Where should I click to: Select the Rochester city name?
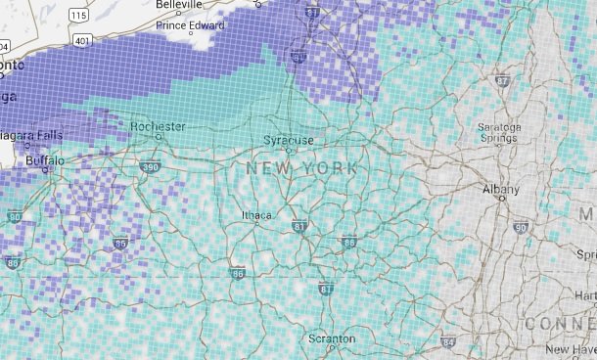pos(158,126)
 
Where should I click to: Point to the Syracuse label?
pos(289,141)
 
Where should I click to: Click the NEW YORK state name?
pos(301,169)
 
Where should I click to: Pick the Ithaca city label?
pos(257,215)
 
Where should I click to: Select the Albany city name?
pos(501,188)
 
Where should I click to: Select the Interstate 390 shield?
pos(150,168)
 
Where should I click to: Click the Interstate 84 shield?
pos(448,343)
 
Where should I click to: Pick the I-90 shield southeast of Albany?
pos(520,229)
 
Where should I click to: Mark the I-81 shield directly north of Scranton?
pos(326,289)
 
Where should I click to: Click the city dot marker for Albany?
pos(501,199)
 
